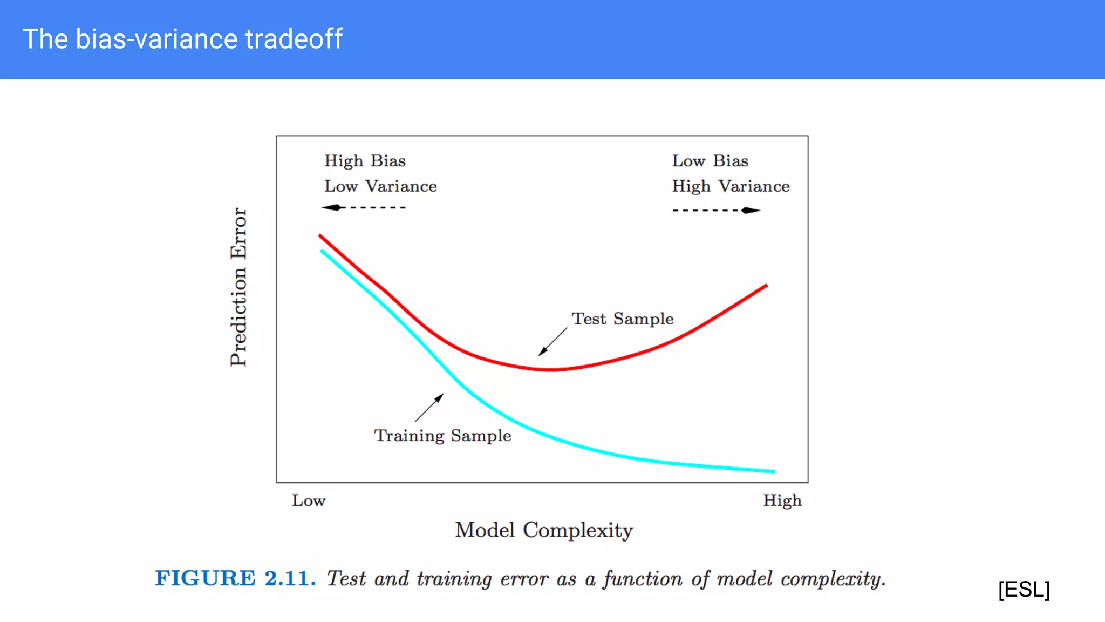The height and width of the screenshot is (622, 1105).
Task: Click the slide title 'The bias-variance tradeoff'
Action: (x=182, y=39)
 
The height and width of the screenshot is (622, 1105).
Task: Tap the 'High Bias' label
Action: (x=365, y=161)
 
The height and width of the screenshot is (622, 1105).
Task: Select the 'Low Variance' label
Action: (x=380, y=186)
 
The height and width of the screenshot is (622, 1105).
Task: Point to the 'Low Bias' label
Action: (x=710, y=161)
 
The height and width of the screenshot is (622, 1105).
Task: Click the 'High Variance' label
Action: (x=731, y=186)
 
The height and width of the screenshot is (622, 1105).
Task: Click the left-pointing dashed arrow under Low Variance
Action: (x=363, y=207)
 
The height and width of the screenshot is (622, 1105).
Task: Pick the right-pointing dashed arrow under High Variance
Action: (x=717, y=210)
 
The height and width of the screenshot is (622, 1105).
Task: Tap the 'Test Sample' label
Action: (x=623, y=319)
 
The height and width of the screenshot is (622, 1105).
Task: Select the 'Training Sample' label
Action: (x=442, y=435)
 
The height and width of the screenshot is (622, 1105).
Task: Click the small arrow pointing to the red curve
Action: (x=552, y=342)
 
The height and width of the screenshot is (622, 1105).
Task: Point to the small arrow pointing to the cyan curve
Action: (x=429, y=408)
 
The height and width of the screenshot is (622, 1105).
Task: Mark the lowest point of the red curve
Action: (x=549, y=370)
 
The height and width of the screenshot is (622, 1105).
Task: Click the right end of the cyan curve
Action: (x=774, y=471)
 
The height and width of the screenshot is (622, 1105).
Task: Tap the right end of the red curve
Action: (x=766, y=286)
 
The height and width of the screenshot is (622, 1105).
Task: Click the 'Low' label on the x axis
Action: (x=309, y=501)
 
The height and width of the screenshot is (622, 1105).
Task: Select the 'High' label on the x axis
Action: (x=782, y=501)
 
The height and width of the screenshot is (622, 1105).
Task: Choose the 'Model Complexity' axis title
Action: (x=544, y=530)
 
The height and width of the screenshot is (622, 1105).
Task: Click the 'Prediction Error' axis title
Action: (x=238, y=287)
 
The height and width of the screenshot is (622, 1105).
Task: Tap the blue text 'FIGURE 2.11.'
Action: (x=235, y=578)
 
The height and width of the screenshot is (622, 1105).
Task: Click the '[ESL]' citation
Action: (x=1024, y=589)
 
